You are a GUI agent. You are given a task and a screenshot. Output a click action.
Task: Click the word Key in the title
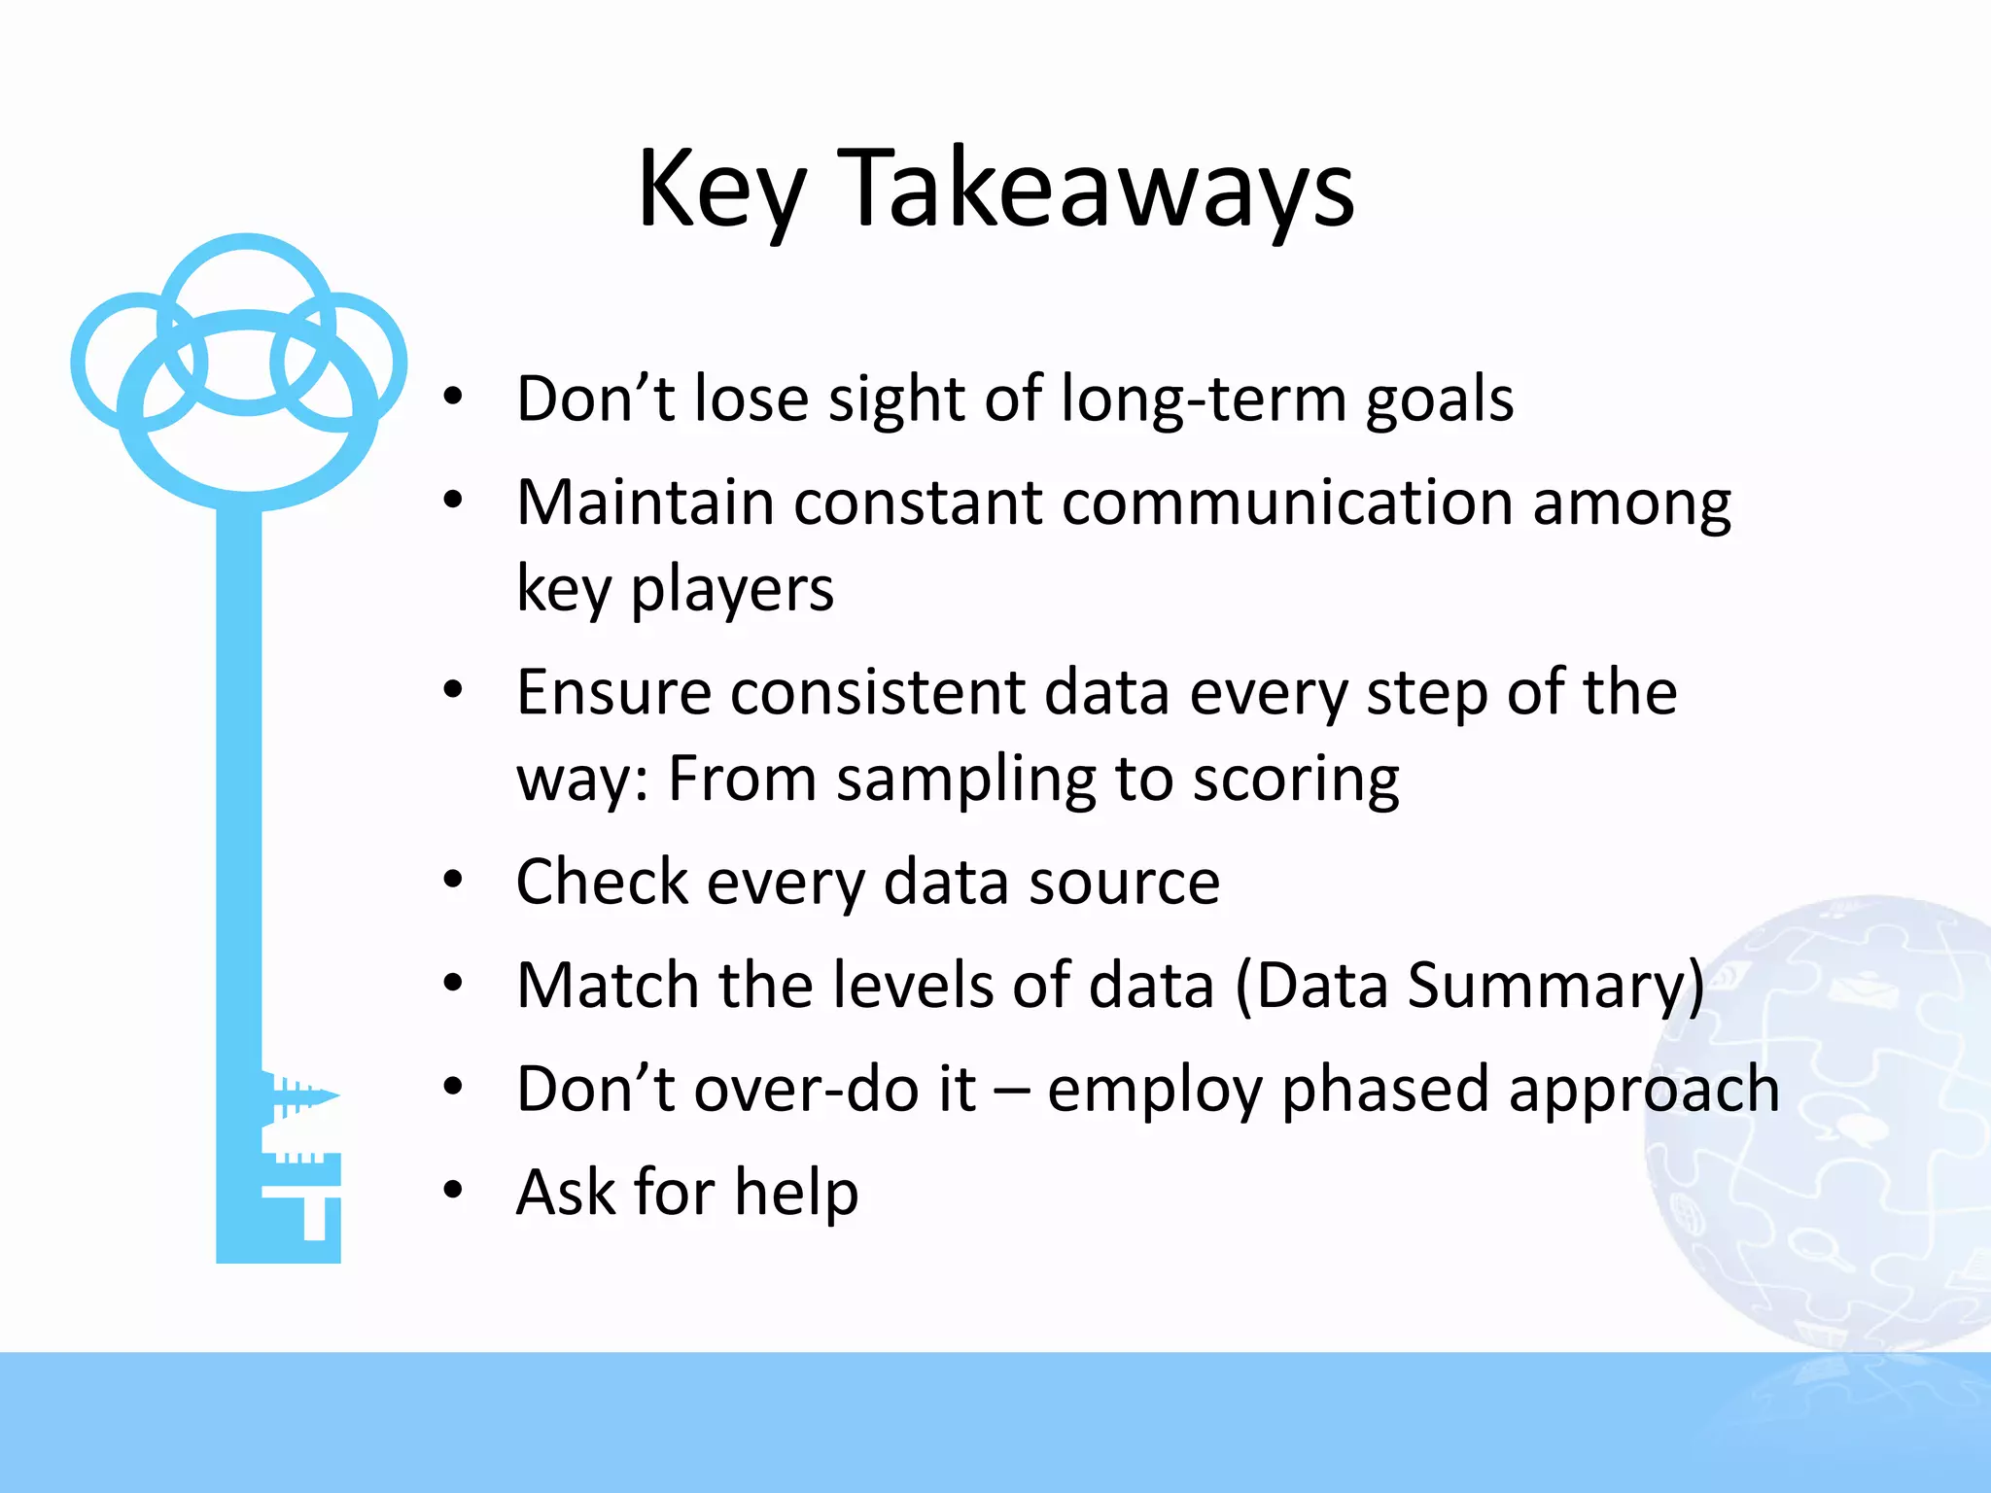click(720, 190)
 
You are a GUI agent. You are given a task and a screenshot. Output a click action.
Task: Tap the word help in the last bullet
click(796, 1193)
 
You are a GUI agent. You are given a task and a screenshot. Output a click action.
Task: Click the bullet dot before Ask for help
click(453, 1191)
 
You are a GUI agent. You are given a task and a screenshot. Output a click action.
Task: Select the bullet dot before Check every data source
click(453, 881)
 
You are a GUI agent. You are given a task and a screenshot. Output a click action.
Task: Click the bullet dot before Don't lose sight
click(453, 397)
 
